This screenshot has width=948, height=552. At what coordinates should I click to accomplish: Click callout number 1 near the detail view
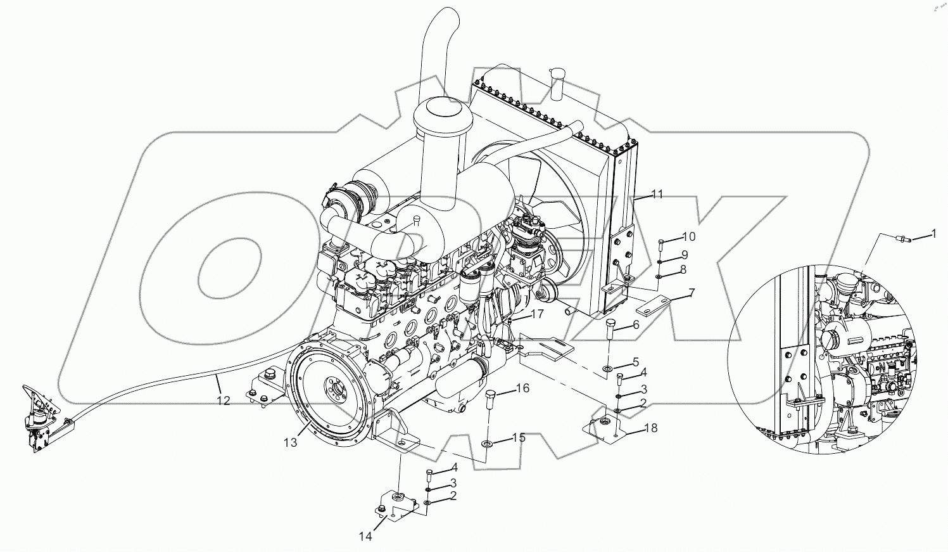pos(933,234)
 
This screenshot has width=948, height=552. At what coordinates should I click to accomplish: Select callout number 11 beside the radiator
pos(657,195)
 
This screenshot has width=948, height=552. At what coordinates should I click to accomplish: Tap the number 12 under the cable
pos(222,401)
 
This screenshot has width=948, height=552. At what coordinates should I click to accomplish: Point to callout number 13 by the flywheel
pos(290,442)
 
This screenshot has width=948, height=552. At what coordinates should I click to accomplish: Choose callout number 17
pos(537,313)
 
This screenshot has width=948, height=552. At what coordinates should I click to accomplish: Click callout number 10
pos(688,236)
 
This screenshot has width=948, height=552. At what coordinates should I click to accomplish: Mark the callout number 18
pos(651,428)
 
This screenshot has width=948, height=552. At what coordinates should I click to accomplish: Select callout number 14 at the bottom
pos(365,536)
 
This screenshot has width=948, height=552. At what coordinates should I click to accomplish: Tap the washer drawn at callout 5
pos(607,368)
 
